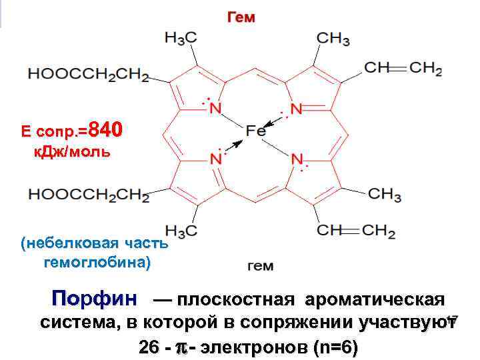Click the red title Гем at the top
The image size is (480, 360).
[x=241, y=17]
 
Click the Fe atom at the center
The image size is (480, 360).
[x=255, y=131]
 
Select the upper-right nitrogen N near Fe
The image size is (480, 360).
[x=297, y=107]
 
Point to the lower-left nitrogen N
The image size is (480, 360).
[x=215, y=160]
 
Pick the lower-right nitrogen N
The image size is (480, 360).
[x=297, y=160]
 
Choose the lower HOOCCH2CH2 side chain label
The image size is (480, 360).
[x=88, y=194]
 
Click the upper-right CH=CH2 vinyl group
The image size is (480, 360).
[x=403, y=68]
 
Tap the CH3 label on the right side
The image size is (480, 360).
[x=384, y=194]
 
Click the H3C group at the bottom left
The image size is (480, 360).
[x=180, y=231]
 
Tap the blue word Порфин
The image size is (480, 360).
[x=95, y=298]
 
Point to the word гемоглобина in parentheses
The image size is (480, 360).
[x=97, y=262]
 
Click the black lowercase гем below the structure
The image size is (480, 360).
[x=260, y=267]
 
